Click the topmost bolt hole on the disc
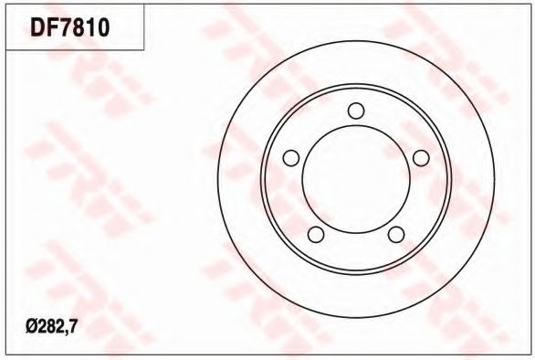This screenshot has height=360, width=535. click(x=356, y=111)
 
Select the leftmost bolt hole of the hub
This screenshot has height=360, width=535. click(x=291, y=158)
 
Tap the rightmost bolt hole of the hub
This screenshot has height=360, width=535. click(x=421, y=158)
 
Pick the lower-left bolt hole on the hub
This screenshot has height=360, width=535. click(x=316, y=234)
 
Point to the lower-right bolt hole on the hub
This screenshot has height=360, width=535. click(x=396, y=234)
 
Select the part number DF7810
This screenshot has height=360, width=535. click(x=70, y=27)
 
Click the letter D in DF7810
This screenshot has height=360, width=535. click(x=37, y=27)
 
